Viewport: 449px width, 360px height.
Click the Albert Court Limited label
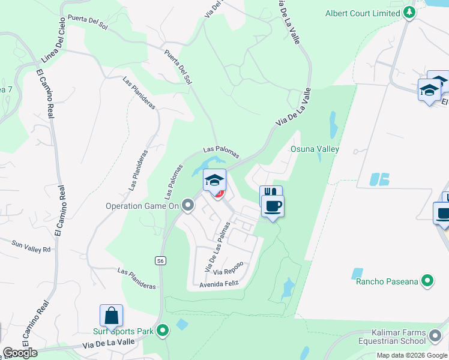[x=363, y=13]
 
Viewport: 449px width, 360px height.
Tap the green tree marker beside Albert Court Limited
[x=409, y=12]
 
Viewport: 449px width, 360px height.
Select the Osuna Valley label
[x=315, y=149]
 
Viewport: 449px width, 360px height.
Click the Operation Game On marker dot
[x=188, y=206]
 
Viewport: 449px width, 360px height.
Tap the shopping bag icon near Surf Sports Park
[x=111, y=316]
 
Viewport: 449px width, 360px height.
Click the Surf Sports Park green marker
[x=162, y=331]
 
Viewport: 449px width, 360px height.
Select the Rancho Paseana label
[x=387, y=281]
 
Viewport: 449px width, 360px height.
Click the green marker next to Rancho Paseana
[x=427, y=280]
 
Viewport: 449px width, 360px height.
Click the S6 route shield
[x=160, y=260]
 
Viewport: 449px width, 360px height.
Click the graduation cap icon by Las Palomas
[x=214, y=179]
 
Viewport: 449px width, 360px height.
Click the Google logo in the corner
[x=20, y=353]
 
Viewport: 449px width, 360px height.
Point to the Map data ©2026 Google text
[x=411, y=355]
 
